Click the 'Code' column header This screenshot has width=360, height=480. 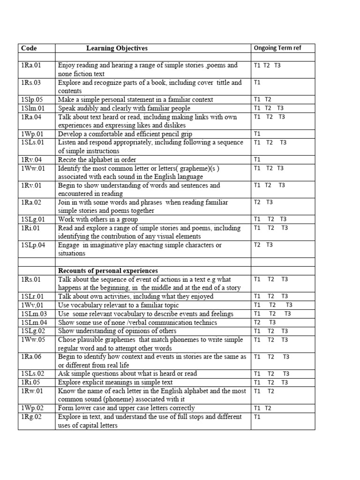pos(29,48)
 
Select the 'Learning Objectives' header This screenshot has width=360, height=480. pos(117,48)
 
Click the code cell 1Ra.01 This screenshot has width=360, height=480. pos(31,66)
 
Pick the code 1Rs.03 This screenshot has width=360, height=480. pos(31,82)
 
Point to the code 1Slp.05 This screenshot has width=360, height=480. pos(32,99)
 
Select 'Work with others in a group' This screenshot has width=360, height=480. pos(97,219)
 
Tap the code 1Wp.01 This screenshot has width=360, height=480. pos(32,134)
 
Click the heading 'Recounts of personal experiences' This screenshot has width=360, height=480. pos(108,271)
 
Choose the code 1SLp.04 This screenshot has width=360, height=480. pos(33,245)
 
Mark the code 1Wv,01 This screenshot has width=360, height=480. pos(32,305)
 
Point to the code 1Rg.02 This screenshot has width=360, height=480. pos(31,417)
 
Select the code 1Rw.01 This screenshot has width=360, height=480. pos(32,391)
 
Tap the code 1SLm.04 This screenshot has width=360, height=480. pos(34,322)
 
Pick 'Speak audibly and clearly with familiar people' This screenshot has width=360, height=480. pos(124,108)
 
